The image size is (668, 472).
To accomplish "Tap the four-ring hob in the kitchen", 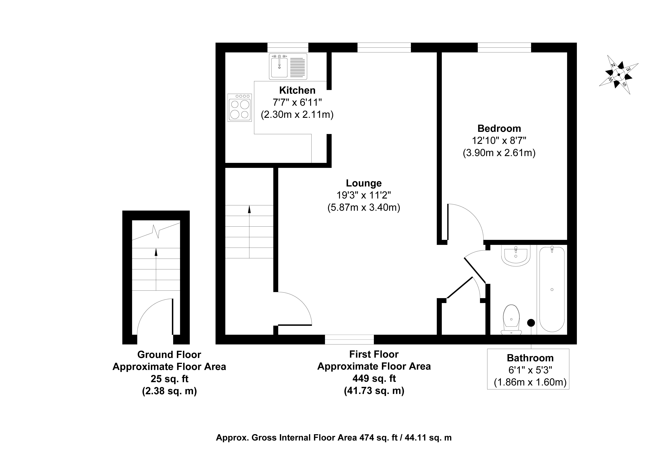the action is pyautogui.click(x=239, y=108).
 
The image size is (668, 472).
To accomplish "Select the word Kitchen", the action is pyautogui.click(x=297, y=91).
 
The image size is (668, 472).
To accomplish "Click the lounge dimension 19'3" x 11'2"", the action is pyautogui.click(x=364, y=195).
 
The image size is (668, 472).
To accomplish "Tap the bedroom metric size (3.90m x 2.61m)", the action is pyautogui.click(x=499, y=153).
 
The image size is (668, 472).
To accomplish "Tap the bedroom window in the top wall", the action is pyautogui.click(x=504, y=47).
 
